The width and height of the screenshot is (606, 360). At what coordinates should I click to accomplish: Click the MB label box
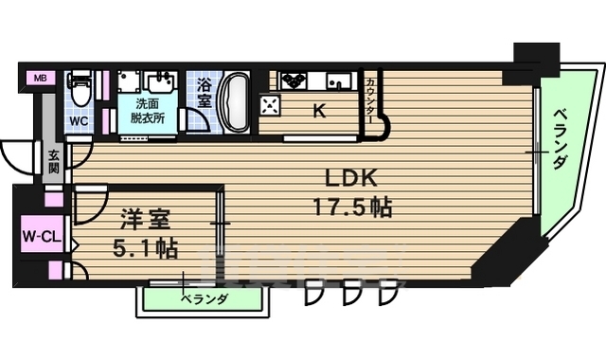(40, 78)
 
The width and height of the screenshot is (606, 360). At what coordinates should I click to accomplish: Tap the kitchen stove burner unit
(293, 80)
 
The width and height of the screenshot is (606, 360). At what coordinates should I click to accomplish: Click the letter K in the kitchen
(320, 110)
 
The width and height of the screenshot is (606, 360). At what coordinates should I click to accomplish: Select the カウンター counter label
(369, 98)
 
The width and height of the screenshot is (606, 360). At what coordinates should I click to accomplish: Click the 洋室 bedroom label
(144, 224)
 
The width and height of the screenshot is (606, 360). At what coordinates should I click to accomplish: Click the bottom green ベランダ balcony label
(204, 299)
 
